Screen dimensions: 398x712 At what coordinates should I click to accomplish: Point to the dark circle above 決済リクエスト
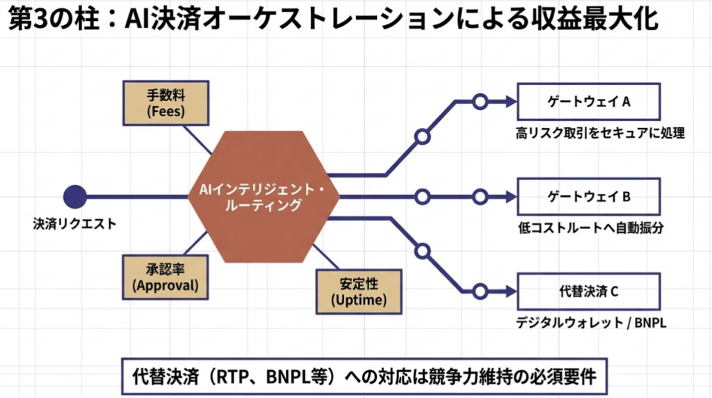pyautogui.click(x=74, y=197)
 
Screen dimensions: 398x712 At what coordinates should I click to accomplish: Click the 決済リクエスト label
pyautogui.click(x=74, y=224)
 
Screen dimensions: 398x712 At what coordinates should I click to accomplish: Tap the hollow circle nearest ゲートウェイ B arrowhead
pyautogui.click(x=478, y=197)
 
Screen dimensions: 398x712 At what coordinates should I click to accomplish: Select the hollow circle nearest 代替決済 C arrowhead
pyautogui.click(x=478, y=292)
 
